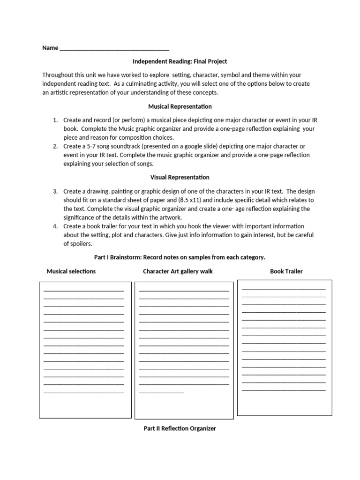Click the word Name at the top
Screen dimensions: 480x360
(50, 48)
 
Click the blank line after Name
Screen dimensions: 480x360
(114, 49)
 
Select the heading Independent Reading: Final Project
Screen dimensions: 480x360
(180, 61)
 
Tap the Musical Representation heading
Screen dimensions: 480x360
(180, 106)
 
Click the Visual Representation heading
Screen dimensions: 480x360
(180, 178)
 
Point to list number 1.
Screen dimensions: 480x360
(55, 120)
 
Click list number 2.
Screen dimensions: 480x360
(55, 146)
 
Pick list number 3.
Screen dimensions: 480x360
(55, 191)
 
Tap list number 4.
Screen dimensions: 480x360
(55, 226)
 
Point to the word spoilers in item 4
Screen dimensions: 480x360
(80, 244)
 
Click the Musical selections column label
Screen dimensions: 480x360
(71, 271)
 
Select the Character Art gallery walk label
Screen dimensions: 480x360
(178, 271)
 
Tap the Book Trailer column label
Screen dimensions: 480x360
(286, 271)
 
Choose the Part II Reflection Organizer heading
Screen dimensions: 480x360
(180, 428)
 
